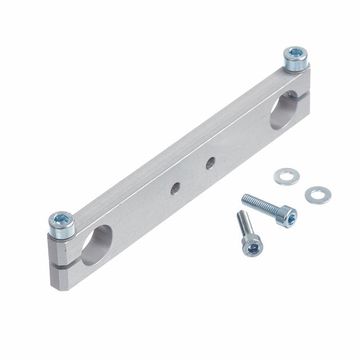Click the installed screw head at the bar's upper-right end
(x=295, y=59)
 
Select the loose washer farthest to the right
(x=317, y=195)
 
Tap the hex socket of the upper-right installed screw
(x=296, y=54)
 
